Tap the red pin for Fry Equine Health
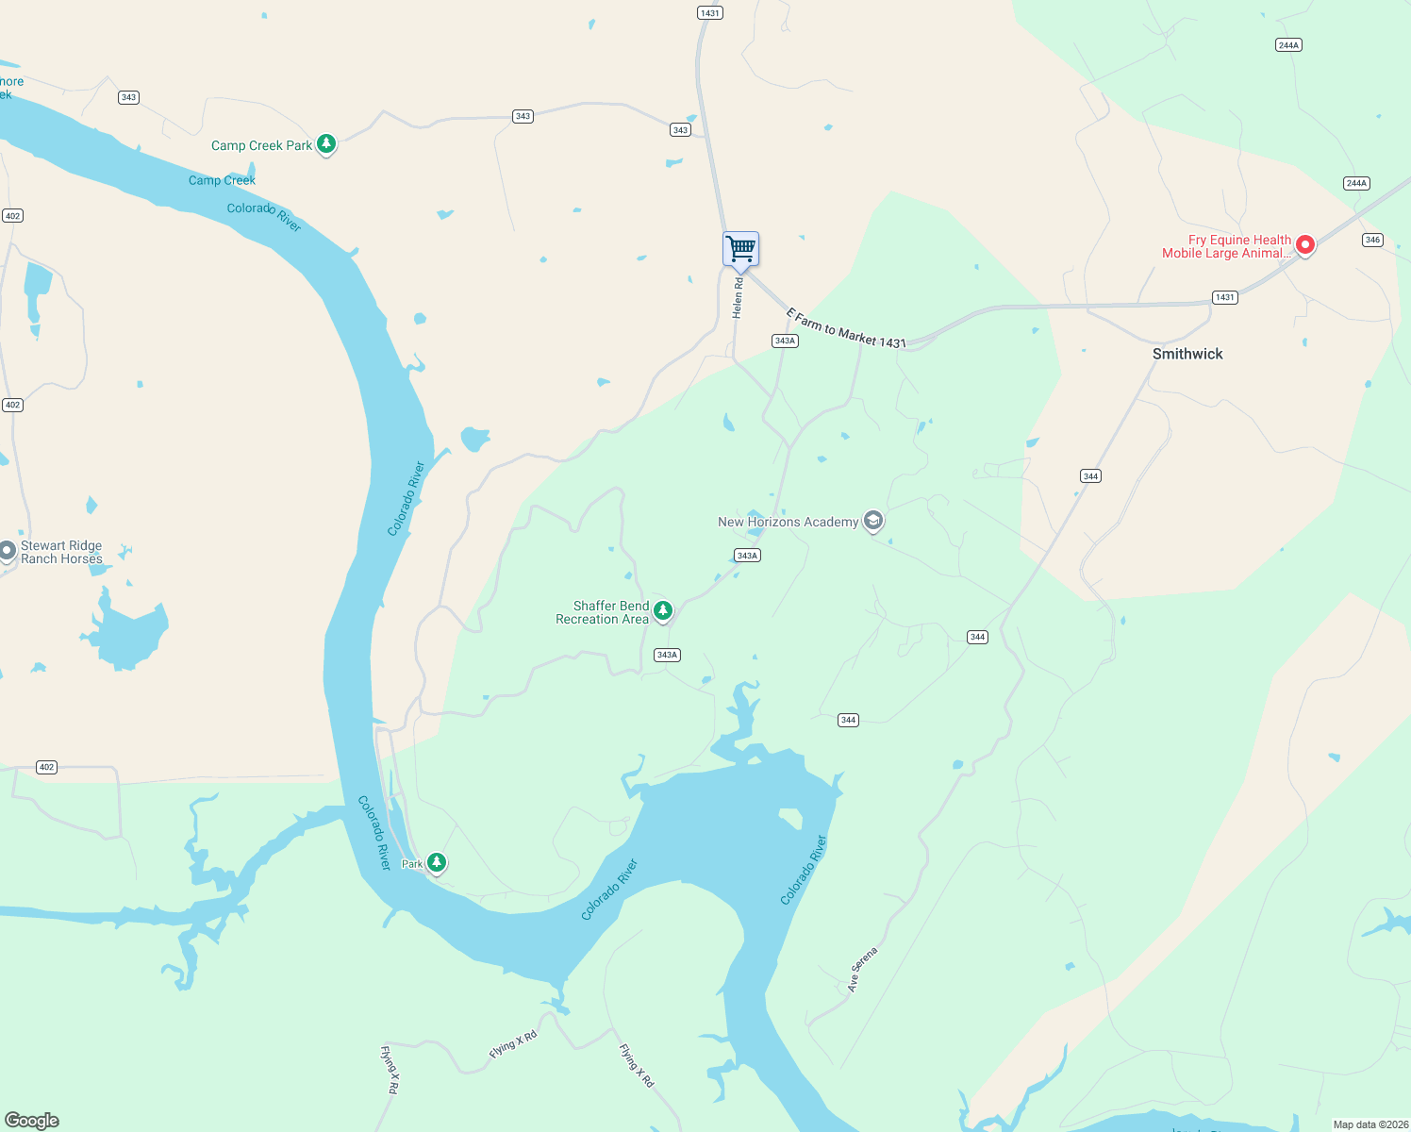click(x=1305, y=245)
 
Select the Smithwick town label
click(x=1187, y=354)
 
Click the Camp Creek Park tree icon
click(x=326, y=144)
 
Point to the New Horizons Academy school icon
click(x=873, y=521)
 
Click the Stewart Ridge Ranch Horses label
click(x=61, y=553)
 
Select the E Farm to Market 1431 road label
click(x=846, y=328)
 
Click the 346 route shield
click(x=1372, y=240)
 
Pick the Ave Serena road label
click(x=862, y=969)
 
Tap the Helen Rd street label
click(x=738, y=297)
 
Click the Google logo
click(x=32, y=1121)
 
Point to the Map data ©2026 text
click(x=1369, y=1124)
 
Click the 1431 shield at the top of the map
click(x=710, y=13)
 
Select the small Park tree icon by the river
click(x=436, y=862)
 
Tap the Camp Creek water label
click(x=222, y=180)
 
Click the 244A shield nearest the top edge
click(x=1288, y=45)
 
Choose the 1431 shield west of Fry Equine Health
click(x=1224, y=297)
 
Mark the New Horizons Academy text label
click(x=788, y=522)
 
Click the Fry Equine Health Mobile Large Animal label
click(x=1226, y=246)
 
